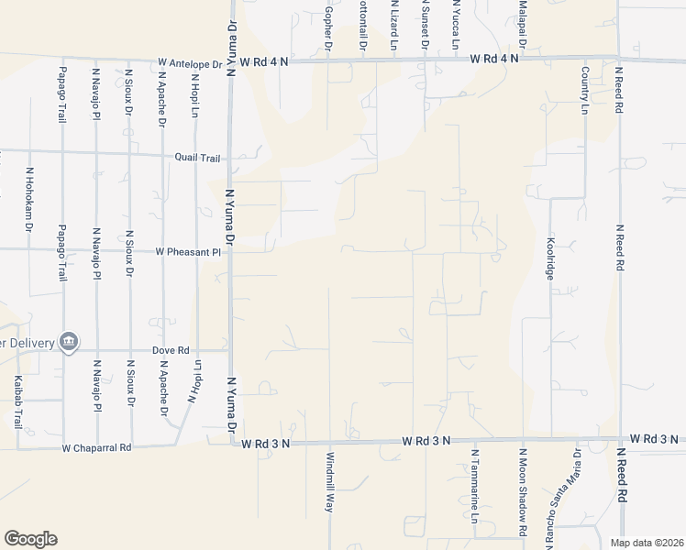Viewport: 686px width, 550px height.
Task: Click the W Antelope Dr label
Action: (190, 64)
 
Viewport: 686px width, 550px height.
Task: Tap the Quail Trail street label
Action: (199, 157)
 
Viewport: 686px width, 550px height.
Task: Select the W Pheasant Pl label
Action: (188, 251)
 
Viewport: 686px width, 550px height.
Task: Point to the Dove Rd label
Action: (171, 350)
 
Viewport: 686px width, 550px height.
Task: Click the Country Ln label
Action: (584, 89)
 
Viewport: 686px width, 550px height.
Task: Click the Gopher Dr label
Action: (327, 24)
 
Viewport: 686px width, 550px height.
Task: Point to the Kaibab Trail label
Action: (17, 402)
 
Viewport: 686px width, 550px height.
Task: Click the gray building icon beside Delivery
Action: (67, 343)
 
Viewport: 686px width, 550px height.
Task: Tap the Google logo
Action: (30, 538)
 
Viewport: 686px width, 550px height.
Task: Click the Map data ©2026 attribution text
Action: (646, 543)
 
